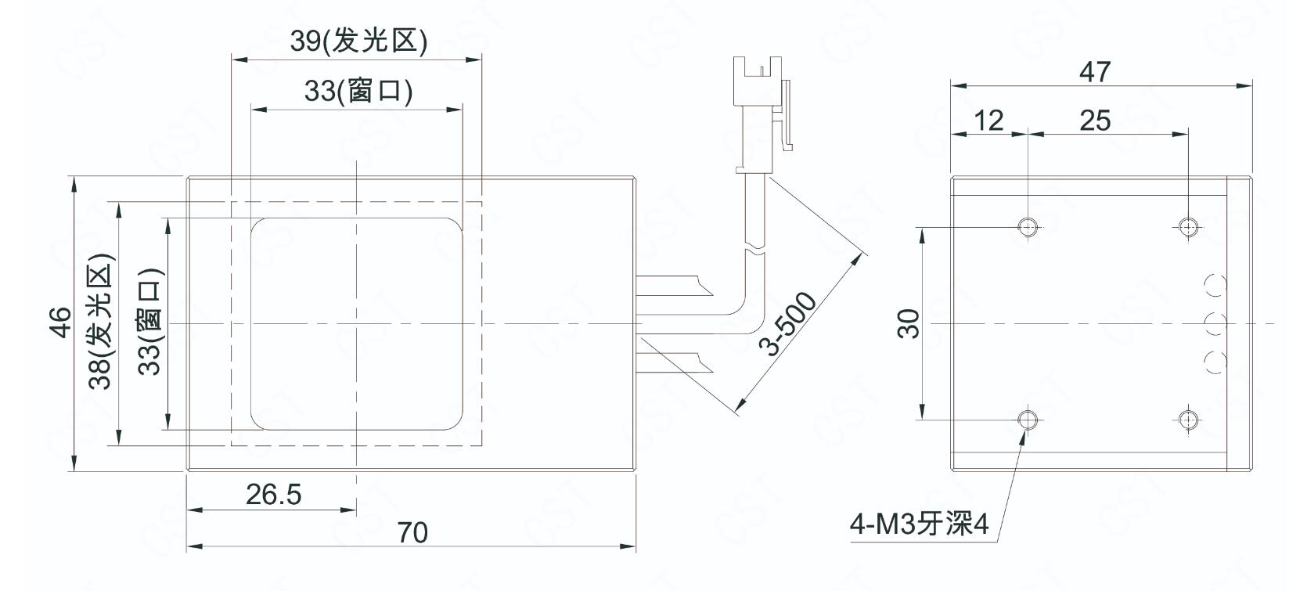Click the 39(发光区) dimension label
(x=358, y=41)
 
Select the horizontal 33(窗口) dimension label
(x=358, y=91)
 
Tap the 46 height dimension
(x=60, y=323)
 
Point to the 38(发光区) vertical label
(x=101, y=321)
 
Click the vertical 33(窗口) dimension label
(x=150, y=323)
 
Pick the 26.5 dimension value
(x=273, y=494)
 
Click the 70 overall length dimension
(x=412, y=533)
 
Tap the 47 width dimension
(x=1095, y=72)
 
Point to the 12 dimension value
(x=988, y=121)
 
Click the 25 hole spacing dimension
(x=1095, y=121)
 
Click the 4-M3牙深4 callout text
(x=919, y=524)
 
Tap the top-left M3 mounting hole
(x=1027, y=226)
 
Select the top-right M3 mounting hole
(x=1188, y=226)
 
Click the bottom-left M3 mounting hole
(x=1027, y=420)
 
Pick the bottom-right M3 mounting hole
(x=1188, y=420)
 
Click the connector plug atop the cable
(x=762, y=114)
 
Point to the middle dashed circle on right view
(x=1216, y=323)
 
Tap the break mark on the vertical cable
(x=755, y=251)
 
